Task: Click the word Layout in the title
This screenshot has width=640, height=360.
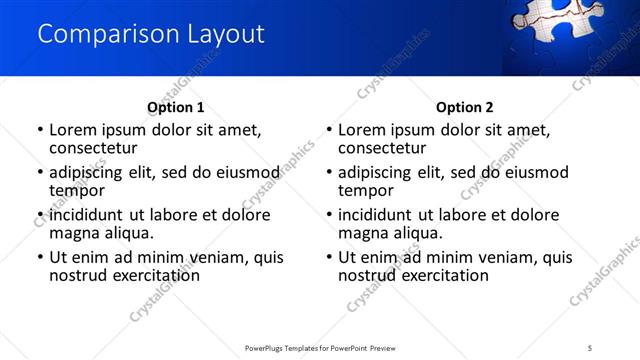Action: point(225,34)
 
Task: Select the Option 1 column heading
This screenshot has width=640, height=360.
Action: point(175,107)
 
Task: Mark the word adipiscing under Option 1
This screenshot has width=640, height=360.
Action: point(91,172)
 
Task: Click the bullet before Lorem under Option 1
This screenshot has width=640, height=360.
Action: point(40,130)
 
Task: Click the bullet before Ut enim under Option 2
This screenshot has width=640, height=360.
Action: point(329,257)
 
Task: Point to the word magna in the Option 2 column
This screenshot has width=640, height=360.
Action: point(362,233)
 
